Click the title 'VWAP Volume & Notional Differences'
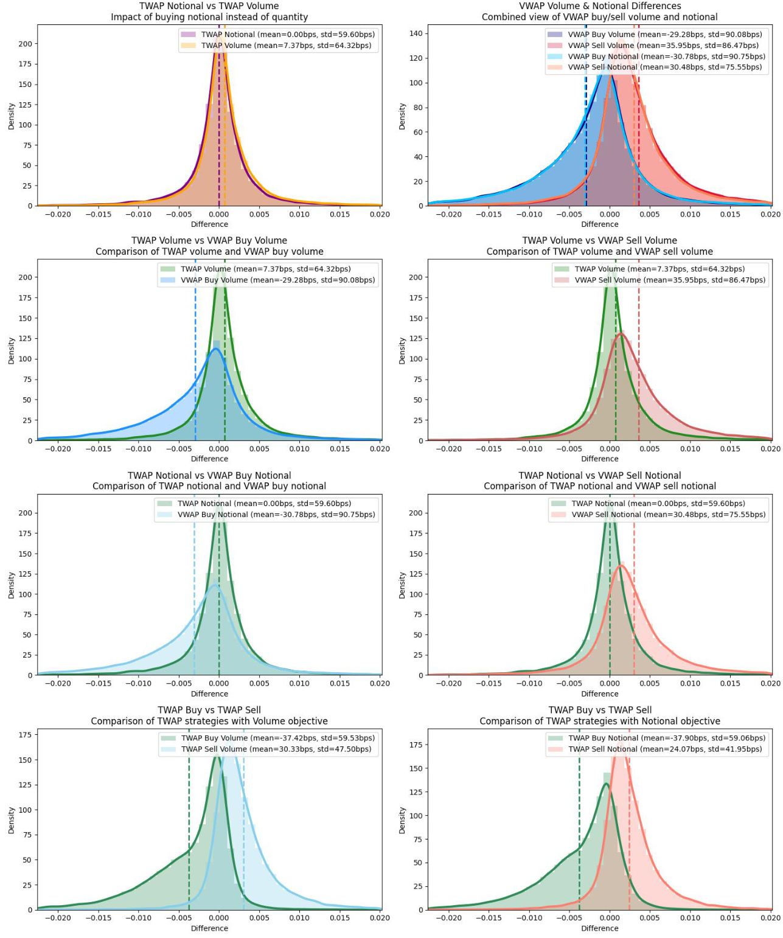599,6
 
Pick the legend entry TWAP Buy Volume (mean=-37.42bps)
277,738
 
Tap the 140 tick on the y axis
416,33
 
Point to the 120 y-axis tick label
416,58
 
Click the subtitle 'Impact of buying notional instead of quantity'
209,17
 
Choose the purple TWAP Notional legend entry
288,35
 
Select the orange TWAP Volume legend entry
286,46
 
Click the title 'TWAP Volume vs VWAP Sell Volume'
599,241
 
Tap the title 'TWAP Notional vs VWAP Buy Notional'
209,476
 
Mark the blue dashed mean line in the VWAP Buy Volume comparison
195,365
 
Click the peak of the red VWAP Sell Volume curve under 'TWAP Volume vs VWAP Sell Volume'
621,333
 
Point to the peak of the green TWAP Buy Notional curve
606,783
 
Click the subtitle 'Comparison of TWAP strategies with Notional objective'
599,721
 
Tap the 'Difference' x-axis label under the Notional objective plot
599,928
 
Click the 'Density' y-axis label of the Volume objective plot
11,820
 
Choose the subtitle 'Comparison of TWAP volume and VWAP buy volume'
209,252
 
